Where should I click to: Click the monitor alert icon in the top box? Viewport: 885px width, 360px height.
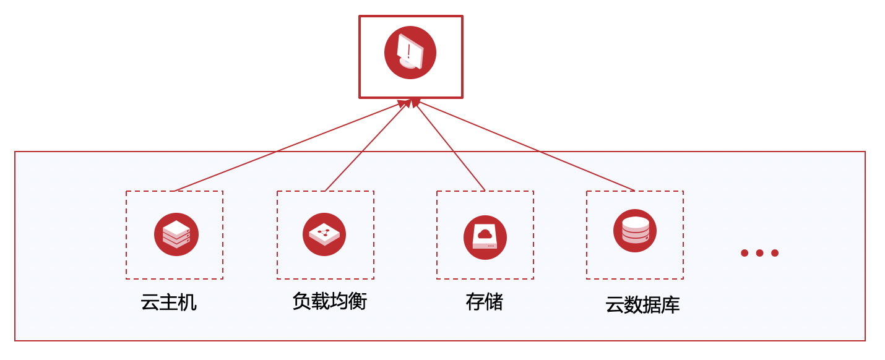(410, 53)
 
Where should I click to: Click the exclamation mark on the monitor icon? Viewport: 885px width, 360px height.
(408, 51)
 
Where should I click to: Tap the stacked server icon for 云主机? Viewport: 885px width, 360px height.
(176, 234)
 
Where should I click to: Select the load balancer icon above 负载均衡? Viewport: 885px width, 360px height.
(324, 234)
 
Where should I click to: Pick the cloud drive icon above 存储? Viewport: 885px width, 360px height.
(485, 238)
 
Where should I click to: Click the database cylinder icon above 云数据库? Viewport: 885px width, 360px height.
(635, 231)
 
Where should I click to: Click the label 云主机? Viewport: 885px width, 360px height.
(168, 302)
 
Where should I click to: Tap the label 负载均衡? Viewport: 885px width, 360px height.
(329, 301)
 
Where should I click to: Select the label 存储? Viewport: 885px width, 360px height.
(485, 302)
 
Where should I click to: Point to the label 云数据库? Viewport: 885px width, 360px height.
(642, 305)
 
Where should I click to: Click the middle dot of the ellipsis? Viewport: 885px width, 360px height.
(759, 253)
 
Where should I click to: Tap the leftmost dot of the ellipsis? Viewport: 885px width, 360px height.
(745, 253)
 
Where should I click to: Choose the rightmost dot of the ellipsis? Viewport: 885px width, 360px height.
(775, 253)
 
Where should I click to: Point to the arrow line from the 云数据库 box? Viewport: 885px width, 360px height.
(526, 146)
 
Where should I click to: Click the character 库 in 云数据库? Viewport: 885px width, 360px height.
(670, 305)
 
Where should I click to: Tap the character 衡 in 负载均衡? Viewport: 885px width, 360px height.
(358, 301)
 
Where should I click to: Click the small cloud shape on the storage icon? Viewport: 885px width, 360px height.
(485, 234)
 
